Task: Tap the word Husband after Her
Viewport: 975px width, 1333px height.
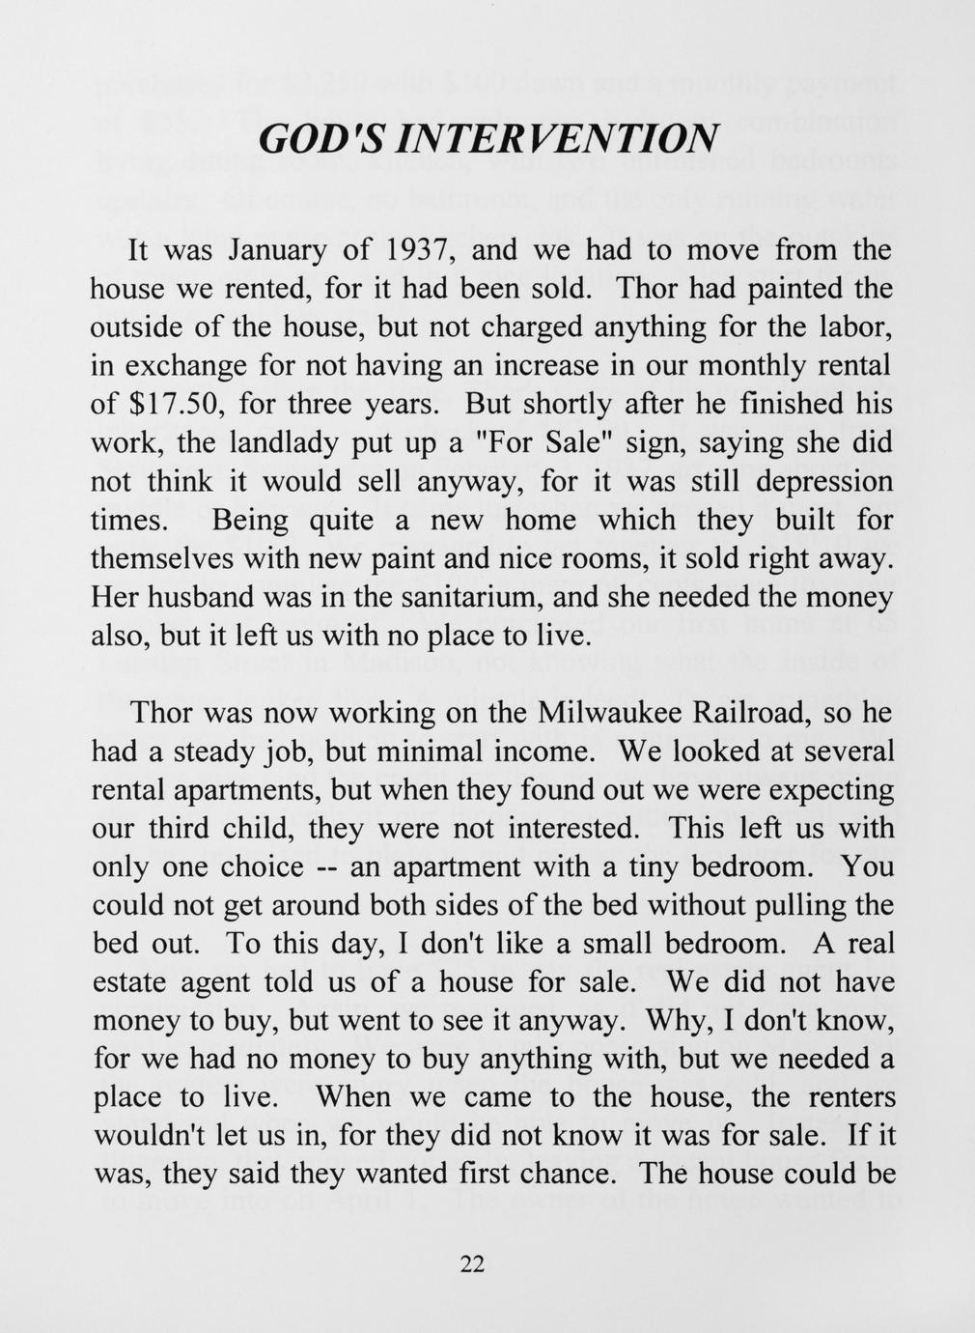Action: click(202, 598)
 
